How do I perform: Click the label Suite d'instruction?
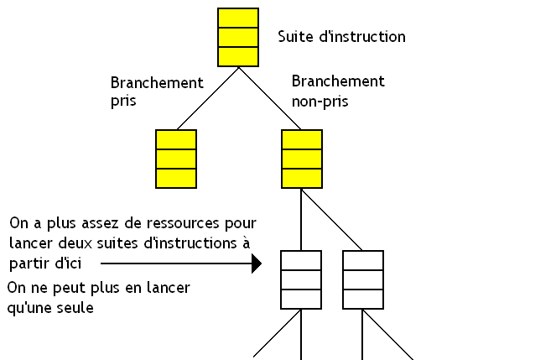tap(341, 37)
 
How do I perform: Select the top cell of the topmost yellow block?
tap(237, 18)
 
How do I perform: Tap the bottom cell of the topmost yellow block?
tap(237, 56)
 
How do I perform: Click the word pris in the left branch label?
tap(123, 101)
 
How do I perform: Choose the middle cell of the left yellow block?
tap(176, 159)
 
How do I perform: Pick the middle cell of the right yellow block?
tap(301, 159)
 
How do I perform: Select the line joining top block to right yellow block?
tap(269, 97)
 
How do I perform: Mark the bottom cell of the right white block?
tap(363, 298)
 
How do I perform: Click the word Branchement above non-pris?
tap(338, 81)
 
